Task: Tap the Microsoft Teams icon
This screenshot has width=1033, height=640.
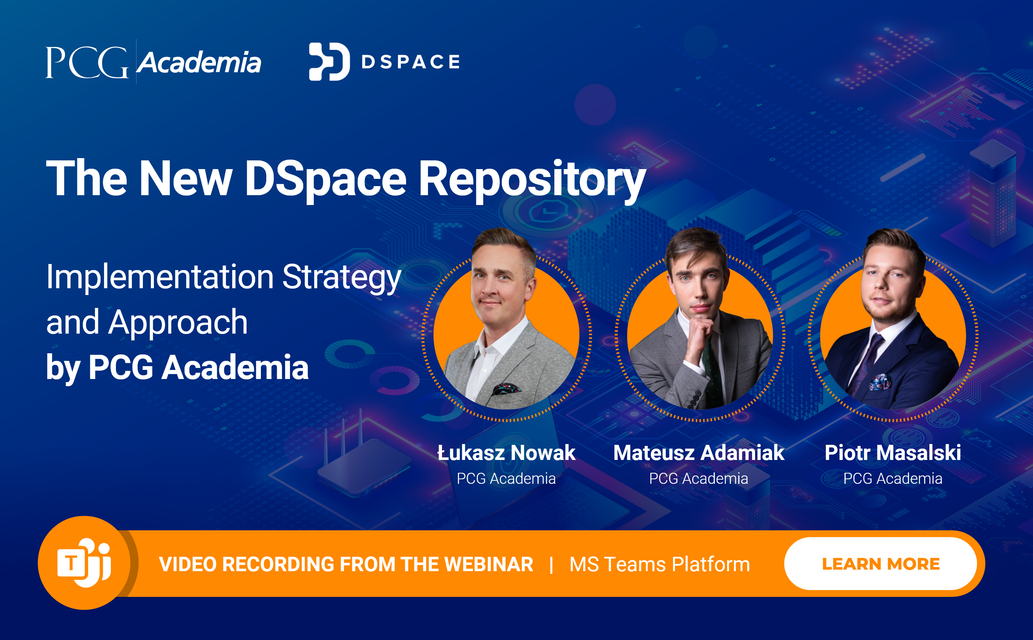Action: point(84,563)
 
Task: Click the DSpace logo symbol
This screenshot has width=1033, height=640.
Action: point(329,61)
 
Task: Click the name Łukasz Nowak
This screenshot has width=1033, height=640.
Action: point(506,452)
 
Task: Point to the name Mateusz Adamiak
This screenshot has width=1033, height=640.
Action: point(699,452)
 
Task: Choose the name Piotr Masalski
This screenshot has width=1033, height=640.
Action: point(893,452)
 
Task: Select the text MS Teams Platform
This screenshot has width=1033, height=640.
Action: point(659,564)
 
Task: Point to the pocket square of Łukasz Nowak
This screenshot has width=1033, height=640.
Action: point(506,388)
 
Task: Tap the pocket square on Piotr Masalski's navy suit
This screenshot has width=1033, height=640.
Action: point(880,382)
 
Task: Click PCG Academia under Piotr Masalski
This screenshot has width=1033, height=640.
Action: point(893,478)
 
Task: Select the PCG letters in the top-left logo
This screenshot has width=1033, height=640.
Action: point(87,62)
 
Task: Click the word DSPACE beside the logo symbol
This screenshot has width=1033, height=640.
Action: point(410,62)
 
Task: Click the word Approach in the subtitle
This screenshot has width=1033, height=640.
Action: point(178,322)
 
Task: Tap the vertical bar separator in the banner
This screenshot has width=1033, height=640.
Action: point(551,565)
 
